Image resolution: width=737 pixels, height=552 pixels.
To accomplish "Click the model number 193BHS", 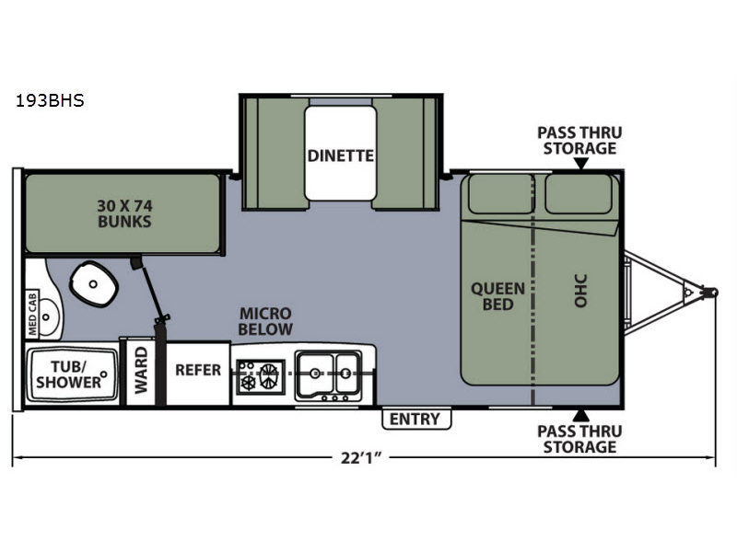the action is point(50,100).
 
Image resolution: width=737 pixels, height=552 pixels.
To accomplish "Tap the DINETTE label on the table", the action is point(340,155).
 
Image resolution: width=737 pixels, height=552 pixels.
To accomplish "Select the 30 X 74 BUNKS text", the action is point(124,213).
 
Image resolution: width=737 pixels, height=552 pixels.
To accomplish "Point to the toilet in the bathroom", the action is point(94,283).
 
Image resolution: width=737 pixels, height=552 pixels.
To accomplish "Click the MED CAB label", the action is point(32,314).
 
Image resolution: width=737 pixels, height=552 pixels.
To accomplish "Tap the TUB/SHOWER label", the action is point(68,374).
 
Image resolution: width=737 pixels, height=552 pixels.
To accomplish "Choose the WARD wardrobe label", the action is point(141,371).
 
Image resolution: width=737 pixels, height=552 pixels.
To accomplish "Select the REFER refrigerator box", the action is point(198,374).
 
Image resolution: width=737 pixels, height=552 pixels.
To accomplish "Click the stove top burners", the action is point(261,376).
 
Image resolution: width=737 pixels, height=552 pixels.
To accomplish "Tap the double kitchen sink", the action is point(328,374).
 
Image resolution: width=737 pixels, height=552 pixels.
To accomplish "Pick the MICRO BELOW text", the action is point(265,321).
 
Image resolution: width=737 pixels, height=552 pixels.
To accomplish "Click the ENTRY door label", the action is point(415,419).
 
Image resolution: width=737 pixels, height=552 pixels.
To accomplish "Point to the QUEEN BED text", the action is point(497,296).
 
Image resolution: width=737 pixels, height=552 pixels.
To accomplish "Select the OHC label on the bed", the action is point(581,291).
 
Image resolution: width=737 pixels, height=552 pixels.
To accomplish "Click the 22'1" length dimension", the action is point(360,457).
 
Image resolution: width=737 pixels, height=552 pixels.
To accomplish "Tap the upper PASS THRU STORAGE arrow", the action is point(581,164).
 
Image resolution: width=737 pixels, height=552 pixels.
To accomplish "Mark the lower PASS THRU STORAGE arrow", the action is point(581,416).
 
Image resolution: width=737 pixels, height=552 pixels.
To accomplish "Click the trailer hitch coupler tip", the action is point(713,293).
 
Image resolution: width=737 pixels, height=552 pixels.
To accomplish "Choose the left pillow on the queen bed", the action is point(501,193).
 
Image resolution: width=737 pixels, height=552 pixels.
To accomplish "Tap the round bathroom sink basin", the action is point(47,316).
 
